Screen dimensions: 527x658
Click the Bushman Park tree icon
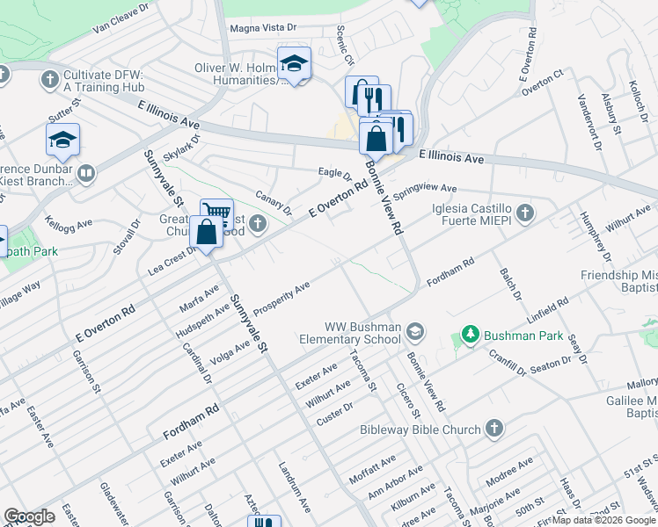471,335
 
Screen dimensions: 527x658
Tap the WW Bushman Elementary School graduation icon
415,331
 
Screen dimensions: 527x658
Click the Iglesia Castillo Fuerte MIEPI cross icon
525,213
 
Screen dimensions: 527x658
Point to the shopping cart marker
216,213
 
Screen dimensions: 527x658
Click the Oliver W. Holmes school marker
294,63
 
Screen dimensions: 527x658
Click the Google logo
29,516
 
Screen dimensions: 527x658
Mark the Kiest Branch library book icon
85,173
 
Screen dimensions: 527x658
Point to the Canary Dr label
274,203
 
